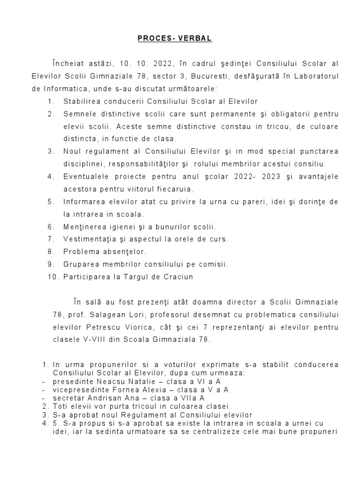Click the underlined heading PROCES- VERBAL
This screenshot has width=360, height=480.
(x=175, y=39)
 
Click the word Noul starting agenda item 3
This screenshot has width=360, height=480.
(x=72, y=151)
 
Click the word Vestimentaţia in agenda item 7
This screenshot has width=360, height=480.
(x=90, y=239)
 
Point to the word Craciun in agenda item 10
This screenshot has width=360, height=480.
(x=178, y=277)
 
